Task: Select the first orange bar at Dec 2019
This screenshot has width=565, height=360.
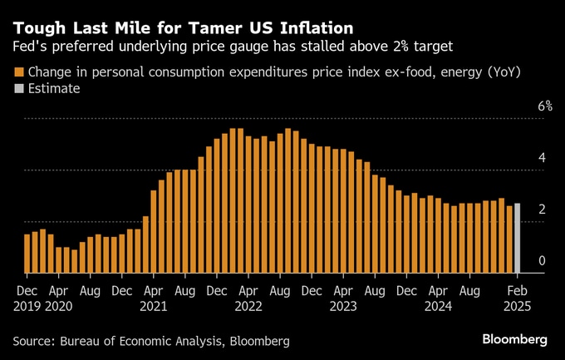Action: [x=27, y=254]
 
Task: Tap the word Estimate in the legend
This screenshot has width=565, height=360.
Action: [x=54, y=88]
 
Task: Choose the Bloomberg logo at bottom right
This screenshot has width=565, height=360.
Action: [x=514, y=339]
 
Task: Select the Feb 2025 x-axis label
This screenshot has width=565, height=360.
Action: [x=517, y=298]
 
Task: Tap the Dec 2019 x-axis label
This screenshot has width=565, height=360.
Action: [x=27, y=298]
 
